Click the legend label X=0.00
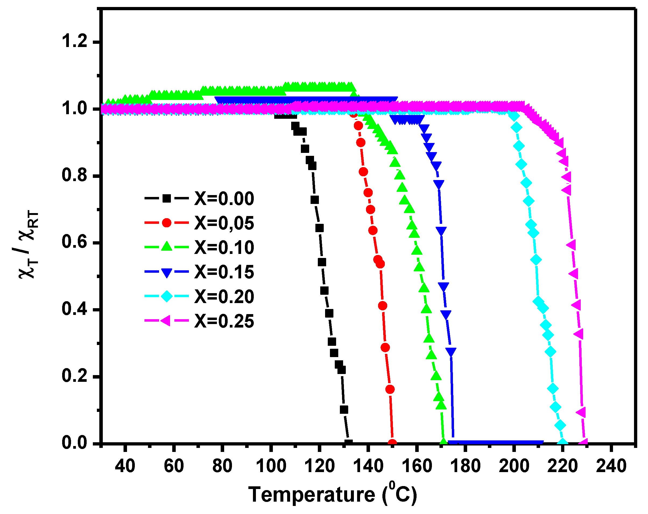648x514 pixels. tap(224, 199)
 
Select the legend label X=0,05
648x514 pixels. tap(224, 223)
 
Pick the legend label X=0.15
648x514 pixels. tap(224, 272)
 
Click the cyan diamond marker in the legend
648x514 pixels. tap(167, 296)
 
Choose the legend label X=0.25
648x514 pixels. tap(224, 321)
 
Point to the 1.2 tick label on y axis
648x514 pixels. tap(74, 41)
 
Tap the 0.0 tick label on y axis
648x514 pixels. tap(74, 443)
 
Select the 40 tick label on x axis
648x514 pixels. tap(125, 466)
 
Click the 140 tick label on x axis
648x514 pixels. tap(368, 466)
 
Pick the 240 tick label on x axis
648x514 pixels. tap(611, 466)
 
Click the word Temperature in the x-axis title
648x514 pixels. tap(312, 494)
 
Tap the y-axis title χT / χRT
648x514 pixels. tap(29, 245)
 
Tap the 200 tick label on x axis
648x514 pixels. tap(514, 466)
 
